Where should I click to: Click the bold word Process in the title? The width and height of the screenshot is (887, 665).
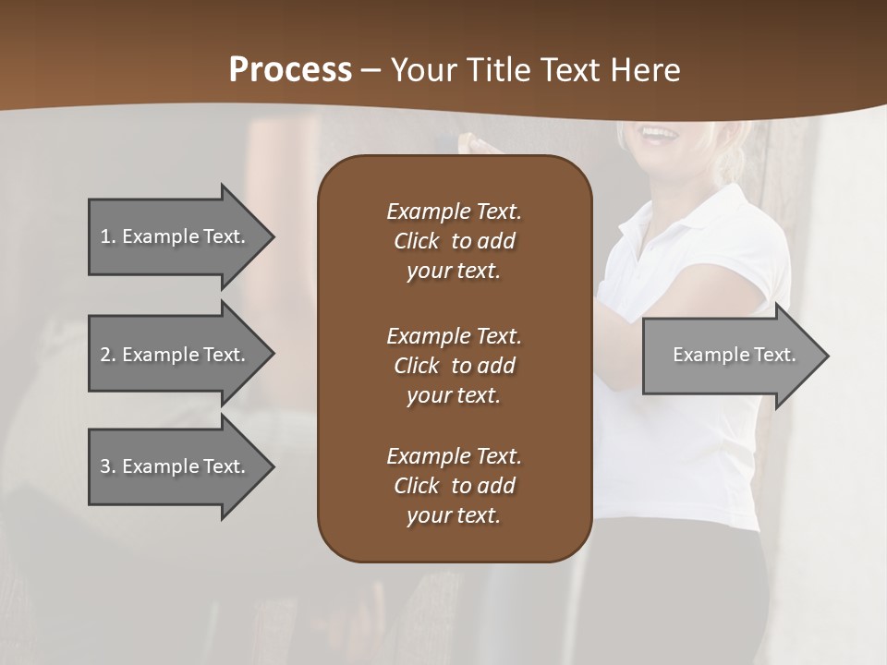pos(290,70)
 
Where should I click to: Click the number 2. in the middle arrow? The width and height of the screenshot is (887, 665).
pos(108,355)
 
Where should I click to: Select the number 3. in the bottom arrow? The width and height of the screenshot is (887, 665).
pos(108,466)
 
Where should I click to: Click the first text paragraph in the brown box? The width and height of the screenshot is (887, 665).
pos(454,241)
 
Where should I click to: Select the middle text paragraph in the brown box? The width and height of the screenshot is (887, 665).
pos(454,366)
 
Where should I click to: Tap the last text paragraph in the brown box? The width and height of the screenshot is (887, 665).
pos(454,486)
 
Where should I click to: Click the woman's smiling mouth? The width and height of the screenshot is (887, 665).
pos(659,134)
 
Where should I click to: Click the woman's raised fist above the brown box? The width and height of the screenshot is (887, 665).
pos(477,143)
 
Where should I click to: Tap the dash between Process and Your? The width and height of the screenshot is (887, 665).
pos(371,71)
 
